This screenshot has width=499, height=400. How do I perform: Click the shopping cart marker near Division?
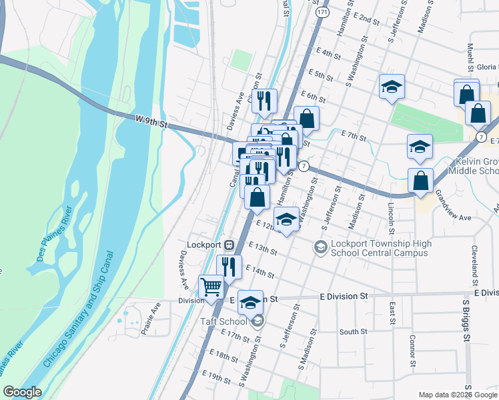(211, 287)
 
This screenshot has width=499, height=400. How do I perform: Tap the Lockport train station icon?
(229, 244)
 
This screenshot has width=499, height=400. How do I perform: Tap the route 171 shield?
(323, 13)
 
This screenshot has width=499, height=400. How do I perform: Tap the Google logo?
(22, 392)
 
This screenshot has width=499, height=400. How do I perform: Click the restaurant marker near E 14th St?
(229, 267)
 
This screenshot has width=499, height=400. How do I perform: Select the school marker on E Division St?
(250, 302)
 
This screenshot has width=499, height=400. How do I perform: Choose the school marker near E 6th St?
(392, 86)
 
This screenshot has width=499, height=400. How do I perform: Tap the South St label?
(353, 331)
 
